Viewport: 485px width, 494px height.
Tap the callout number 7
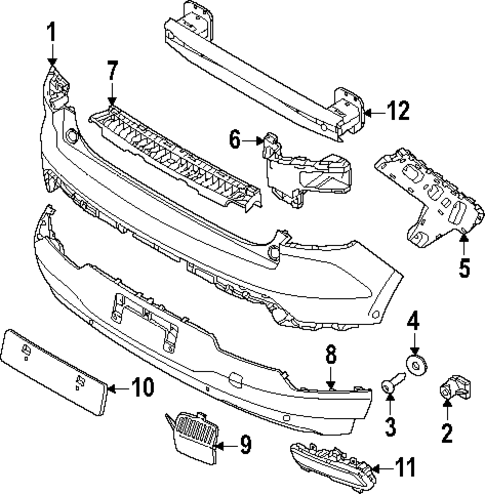pyautogui.click(x=112, y=70)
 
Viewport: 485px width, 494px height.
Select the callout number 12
pyautogui.click(x=397, y=113)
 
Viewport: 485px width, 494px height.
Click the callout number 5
pyautogui.click(x=463, y=267)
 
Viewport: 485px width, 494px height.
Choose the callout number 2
pyautogui.click(x=447, y=433)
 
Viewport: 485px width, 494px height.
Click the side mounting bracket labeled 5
pyautogui.click(x=420, y=195)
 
